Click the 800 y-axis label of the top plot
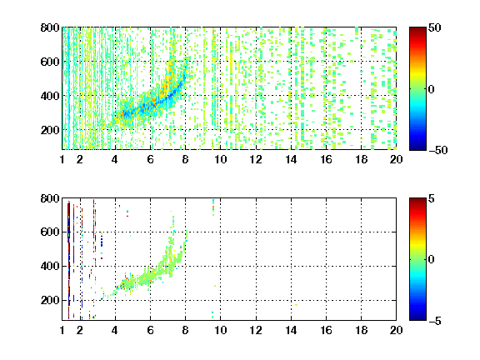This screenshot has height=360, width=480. (50, 27)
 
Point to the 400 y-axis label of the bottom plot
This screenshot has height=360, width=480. (50, 266)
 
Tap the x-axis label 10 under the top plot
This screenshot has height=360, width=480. (220, 159)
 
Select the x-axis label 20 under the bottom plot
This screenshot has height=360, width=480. (396, 330)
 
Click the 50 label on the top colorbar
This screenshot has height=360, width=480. (434, 27)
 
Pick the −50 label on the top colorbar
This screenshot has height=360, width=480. (437, 150)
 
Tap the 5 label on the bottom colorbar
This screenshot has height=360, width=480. (432, 198)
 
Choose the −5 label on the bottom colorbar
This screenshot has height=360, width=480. (435, 321)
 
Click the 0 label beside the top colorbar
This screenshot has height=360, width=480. (432, 89)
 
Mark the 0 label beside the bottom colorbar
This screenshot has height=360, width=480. (432, 260)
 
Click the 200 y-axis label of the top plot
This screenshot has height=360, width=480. (50, 130)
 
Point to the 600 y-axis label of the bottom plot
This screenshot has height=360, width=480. (50, 232)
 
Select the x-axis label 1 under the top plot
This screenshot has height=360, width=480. (62, 159)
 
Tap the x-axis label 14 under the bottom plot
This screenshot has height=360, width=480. (291, 330)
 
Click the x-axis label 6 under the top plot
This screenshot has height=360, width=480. (150, 159)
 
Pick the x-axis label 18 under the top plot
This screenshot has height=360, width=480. (361, 159)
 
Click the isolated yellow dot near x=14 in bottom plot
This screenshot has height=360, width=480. (296, 305)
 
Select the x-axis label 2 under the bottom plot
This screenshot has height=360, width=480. (80, 330)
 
